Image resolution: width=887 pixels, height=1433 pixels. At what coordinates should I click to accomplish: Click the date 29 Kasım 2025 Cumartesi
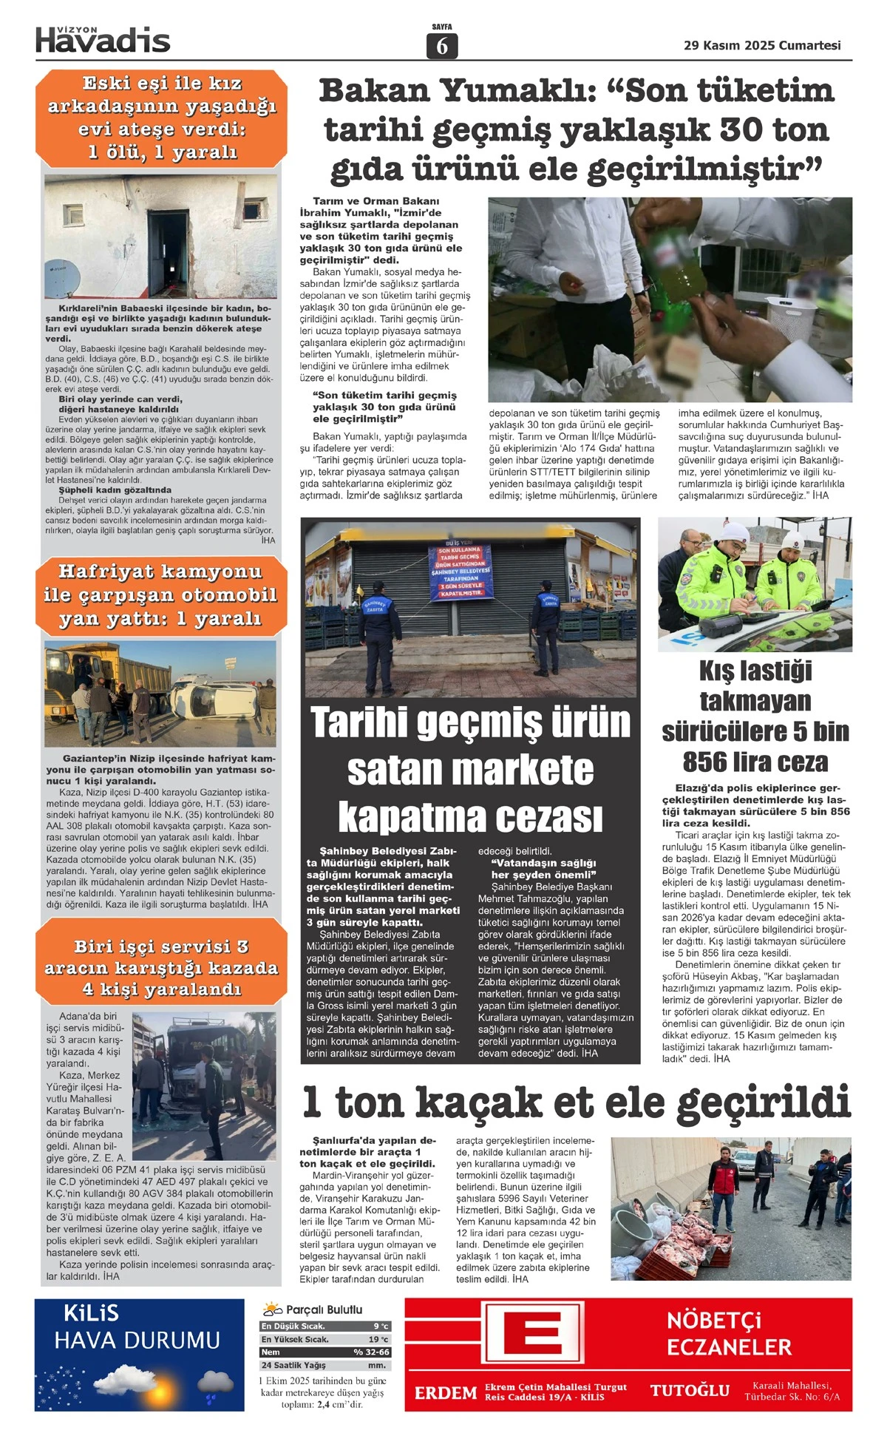[x=762, y=45]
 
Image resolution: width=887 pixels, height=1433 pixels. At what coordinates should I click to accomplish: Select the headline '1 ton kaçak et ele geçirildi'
[x=577, y=1102]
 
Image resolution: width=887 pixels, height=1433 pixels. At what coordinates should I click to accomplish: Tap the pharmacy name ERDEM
[x=445, y=1393]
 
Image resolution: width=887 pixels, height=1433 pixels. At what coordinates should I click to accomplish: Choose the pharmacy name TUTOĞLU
[x=690, y=1391]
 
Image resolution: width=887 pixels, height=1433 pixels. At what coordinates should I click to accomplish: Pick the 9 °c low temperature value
[x=381, y=1326]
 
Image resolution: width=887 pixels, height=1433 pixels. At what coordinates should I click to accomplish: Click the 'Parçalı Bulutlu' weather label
[x=324, y=1310]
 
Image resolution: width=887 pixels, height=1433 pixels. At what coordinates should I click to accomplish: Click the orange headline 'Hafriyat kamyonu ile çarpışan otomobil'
[x=160, y=594]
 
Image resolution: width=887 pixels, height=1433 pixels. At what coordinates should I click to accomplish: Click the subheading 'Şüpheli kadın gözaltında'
[x=115, y=489]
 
